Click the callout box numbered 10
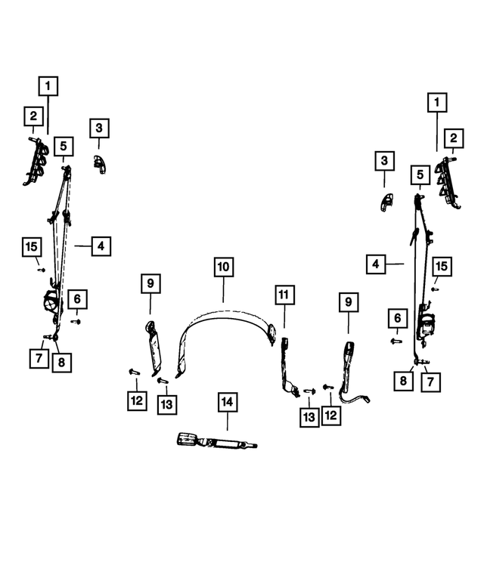tap(224, 267)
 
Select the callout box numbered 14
tap(228, 402)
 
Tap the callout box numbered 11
tap(284, 295)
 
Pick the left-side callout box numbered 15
tap(32, 247)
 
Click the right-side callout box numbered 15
tap(442, 266)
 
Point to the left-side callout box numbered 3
tap(99, 128)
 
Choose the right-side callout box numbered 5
tap(420, 175)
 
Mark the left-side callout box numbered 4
tap(101, 246)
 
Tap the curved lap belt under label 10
tap(225, 317)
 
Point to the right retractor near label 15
tap(427, 323)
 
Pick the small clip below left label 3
tap(100, 165)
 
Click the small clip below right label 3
tap(386, 202)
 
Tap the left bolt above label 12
tap(134, 372)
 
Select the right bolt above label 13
tap(310, 391)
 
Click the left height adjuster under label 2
tap(36, 162)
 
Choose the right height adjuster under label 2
tap(447, 181)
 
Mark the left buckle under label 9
tap(154, 348)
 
